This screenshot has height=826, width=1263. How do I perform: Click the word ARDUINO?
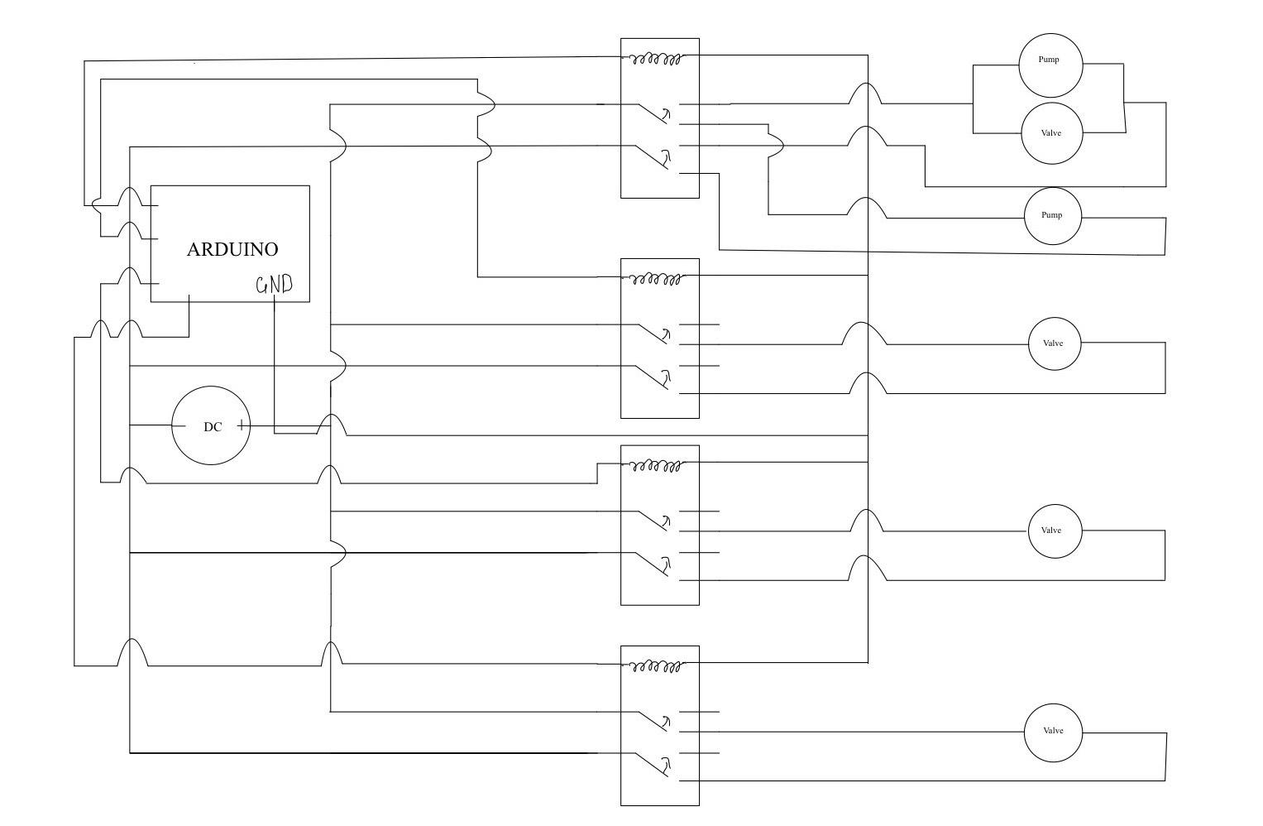point(232,249)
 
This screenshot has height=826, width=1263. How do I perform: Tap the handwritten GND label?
point(274,286)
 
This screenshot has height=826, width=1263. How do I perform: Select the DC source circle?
point(211,426)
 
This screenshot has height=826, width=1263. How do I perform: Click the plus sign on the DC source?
point(241,425)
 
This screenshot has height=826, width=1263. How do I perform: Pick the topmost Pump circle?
point(1050,65)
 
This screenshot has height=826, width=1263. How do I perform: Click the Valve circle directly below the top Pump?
point(1052,133)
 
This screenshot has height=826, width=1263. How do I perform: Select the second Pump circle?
point(1053,215)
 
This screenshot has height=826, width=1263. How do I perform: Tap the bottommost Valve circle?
point(1053,732)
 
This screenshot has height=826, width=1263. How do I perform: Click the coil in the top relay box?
point(657,59)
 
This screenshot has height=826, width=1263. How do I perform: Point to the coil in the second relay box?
point(657,279)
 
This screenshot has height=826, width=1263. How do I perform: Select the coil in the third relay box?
point(657,466)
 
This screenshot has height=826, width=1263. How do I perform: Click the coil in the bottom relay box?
point(657,665)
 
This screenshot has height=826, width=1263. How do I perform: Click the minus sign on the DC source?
point(179,425)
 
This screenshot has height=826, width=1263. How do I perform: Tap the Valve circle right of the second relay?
point(1055,343)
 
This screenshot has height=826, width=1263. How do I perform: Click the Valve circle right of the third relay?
point(1055,531)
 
